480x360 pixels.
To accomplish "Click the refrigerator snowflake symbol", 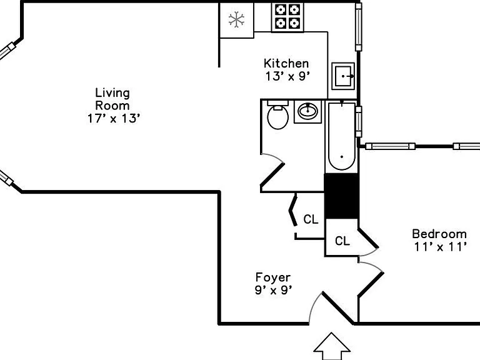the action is point(236,20).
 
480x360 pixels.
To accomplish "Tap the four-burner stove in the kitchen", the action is point(287,17).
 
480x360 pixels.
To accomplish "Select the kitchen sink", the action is point(343,76).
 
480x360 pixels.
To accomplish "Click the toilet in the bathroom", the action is point(277,114).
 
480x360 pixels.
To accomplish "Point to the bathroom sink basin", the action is point(307,111).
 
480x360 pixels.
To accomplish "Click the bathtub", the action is point(342,136).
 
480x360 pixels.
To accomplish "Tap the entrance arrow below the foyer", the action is point(332,346).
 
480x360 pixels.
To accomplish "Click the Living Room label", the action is point(112,99).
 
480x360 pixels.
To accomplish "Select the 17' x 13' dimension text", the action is point(114,118).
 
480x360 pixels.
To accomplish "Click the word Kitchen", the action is point(286,63).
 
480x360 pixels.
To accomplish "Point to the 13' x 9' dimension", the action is point(287,76).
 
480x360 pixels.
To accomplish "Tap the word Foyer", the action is point(272,277).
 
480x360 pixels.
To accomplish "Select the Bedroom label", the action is point(439,234).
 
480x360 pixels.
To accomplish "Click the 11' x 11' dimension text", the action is point(441,246).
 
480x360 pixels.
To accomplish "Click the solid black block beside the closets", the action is point(341,196).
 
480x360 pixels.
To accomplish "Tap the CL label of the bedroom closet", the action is point(342,241).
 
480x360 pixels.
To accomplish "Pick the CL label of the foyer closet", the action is point(311,219).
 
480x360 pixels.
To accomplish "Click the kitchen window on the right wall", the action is point(359,27).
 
